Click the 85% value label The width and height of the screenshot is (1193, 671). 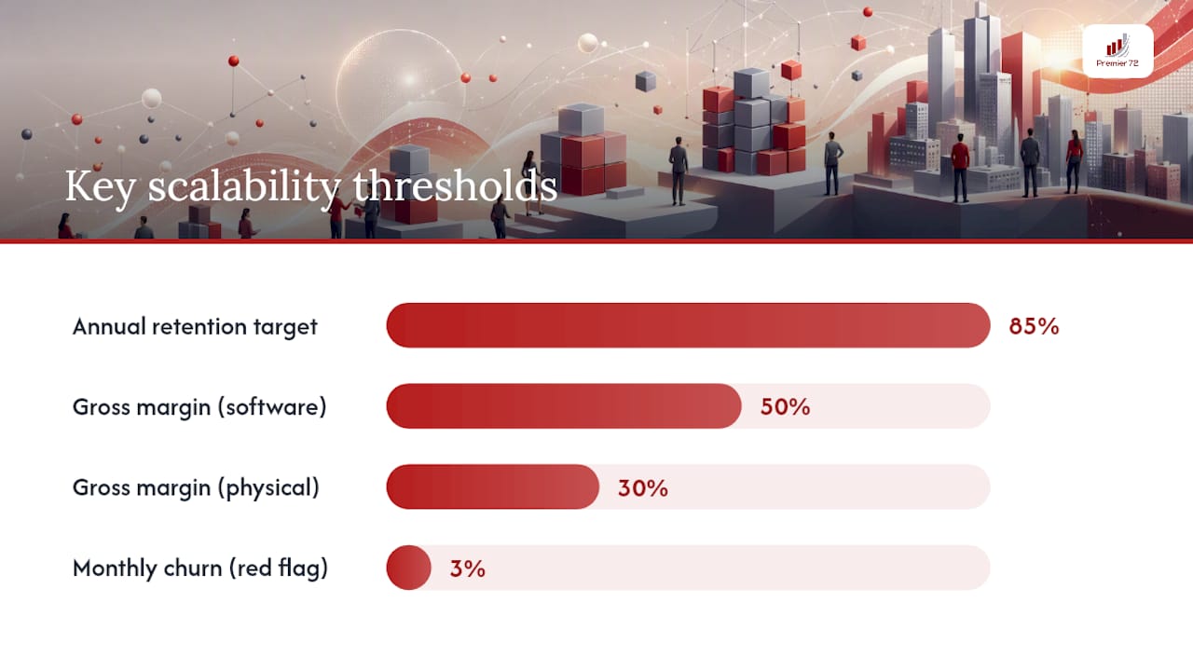[x=1034, y=326]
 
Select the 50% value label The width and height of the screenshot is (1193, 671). [x=785, y=407]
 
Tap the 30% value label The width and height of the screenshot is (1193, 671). [x=643, y=487]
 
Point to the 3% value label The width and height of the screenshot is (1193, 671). [x=468, y=568]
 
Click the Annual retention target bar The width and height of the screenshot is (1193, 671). [x=688, y=325]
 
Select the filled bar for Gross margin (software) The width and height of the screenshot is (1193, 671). [x=564, y=405]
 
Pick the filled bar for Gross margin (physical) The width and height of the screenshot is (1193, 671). [x=493, y=486]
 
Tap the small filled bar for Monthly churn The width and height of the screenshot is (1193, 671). [x=408, y=568]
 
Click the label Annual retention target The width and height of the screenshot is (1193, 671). [x=195, y=327]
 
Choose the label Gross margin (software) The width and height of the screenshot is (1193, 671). [x=199, y=407]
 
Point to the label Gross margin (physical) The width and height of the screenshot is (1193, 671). [x=196, y=488]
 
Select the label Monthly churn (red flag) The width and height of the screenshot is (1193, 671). [x=200, y=568]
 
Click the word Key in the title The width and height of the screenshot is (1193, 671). [x=100, y=187]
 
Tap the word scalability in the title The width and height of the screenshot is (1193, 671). [x=244, y=187]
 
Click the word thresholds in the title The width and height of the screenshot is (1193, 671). [x=456, y=186]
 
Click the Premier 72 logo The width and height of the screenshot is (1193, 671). [x=1118, y=51]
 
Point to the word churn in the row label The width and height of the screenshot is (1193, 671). [x=193, y=568]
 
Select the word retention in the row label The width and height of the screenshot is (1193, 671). [x=199, y=327]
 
